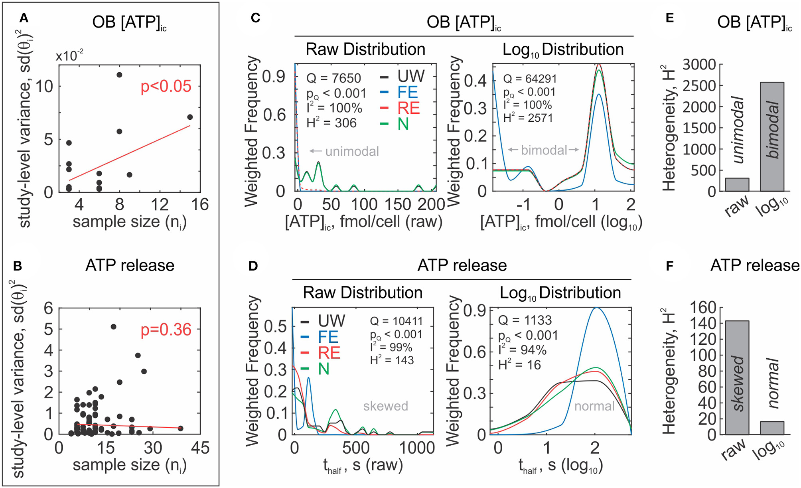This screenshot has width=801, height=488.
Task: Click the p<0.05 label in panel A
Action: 166,87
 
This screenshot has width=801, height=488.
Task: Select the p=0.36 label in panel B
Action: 166,330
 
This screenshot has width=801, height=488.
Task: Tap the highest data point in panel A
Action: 119,75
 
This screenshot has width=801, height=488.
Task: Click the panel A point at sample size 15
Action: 190,117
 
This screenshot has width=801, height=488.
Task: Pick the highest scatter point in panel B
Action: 113,327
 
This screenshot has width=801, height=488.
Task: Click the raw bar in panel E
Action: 737,185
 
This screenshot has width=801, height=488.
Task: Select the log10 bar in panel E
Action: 772,137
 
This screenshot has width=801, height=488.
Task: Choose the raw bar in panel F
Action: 737,377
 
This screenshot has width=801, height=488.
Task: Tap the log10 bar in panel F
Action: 772,428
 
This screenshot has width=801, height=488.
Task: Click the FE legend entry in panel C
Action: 407,93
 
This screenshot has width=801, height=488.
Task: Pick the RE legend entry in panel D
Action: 329,353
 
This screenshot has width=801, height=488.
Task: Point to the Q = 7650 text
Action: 333,78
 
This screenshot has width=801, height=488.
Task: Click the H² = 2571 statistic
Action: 528,118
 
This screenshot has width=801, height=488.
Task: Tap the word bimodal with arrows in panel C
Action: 544,150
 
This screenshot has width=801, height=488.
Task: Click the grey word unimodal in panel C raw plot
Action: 352,152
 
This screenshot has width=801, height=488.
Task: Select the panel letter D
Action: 253,266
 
